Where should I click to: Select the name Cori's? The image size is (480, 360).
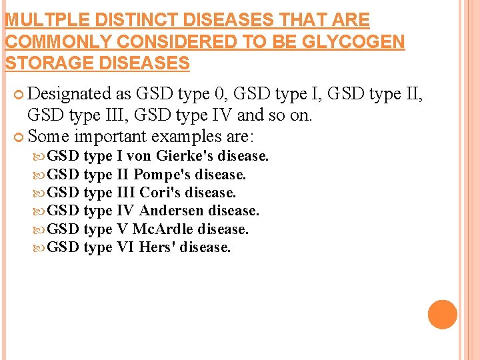tap(160, 193)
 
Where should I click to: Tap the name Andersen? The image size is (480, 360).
tap(172, 211)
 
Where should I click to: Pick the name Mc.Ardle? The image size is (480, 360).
tap(163, 229)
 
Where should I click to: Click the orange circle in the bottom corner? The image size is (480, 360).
tap(443, 315)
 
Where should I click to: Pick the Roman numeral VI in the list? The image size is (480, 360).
tap(125, 247)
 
